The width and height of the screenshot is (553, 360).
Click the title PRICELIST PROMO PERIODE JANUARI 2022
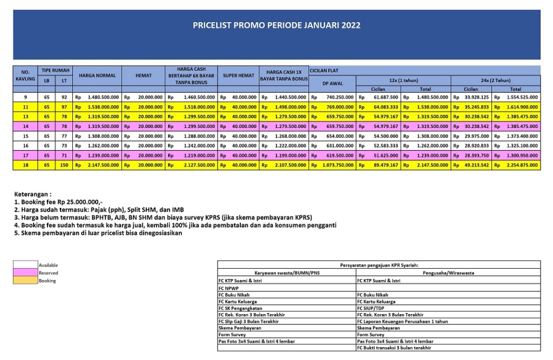(x=276, y=25)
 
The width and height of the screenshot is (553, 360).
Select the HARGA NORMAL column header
(x=97, y=76)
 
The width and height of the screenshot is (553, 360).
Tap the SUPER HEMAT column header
(x=238, y=76)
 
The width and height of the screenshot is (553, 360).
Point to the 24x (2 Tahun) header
(x=495, y=79)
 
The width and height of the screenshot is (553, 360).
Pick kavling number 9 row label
(x=25, y=97)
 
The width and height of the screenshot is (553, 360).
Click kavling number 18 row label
(x=25, y=165)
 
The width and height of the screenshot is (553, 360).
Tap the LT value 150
(x=64, y=165)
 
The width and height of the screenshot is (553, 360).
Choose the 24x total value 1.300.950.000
(x=522, y=155)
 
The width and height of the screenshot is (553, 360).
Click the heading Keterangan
(x=33, y=194)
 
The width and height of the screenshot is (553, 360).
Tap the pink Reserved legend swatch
(x=25, y=273)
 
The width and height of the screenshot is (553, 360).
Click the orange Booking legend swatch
(x=25, y=281)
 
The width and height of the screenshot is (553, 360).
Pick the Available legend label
(x=48, y=265)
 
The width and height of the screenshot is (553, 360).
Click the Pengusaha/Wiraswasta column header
(x=448, y=273)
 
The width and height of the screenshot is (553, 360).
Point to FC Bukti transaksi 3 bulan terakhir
(x=394, y=348)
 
